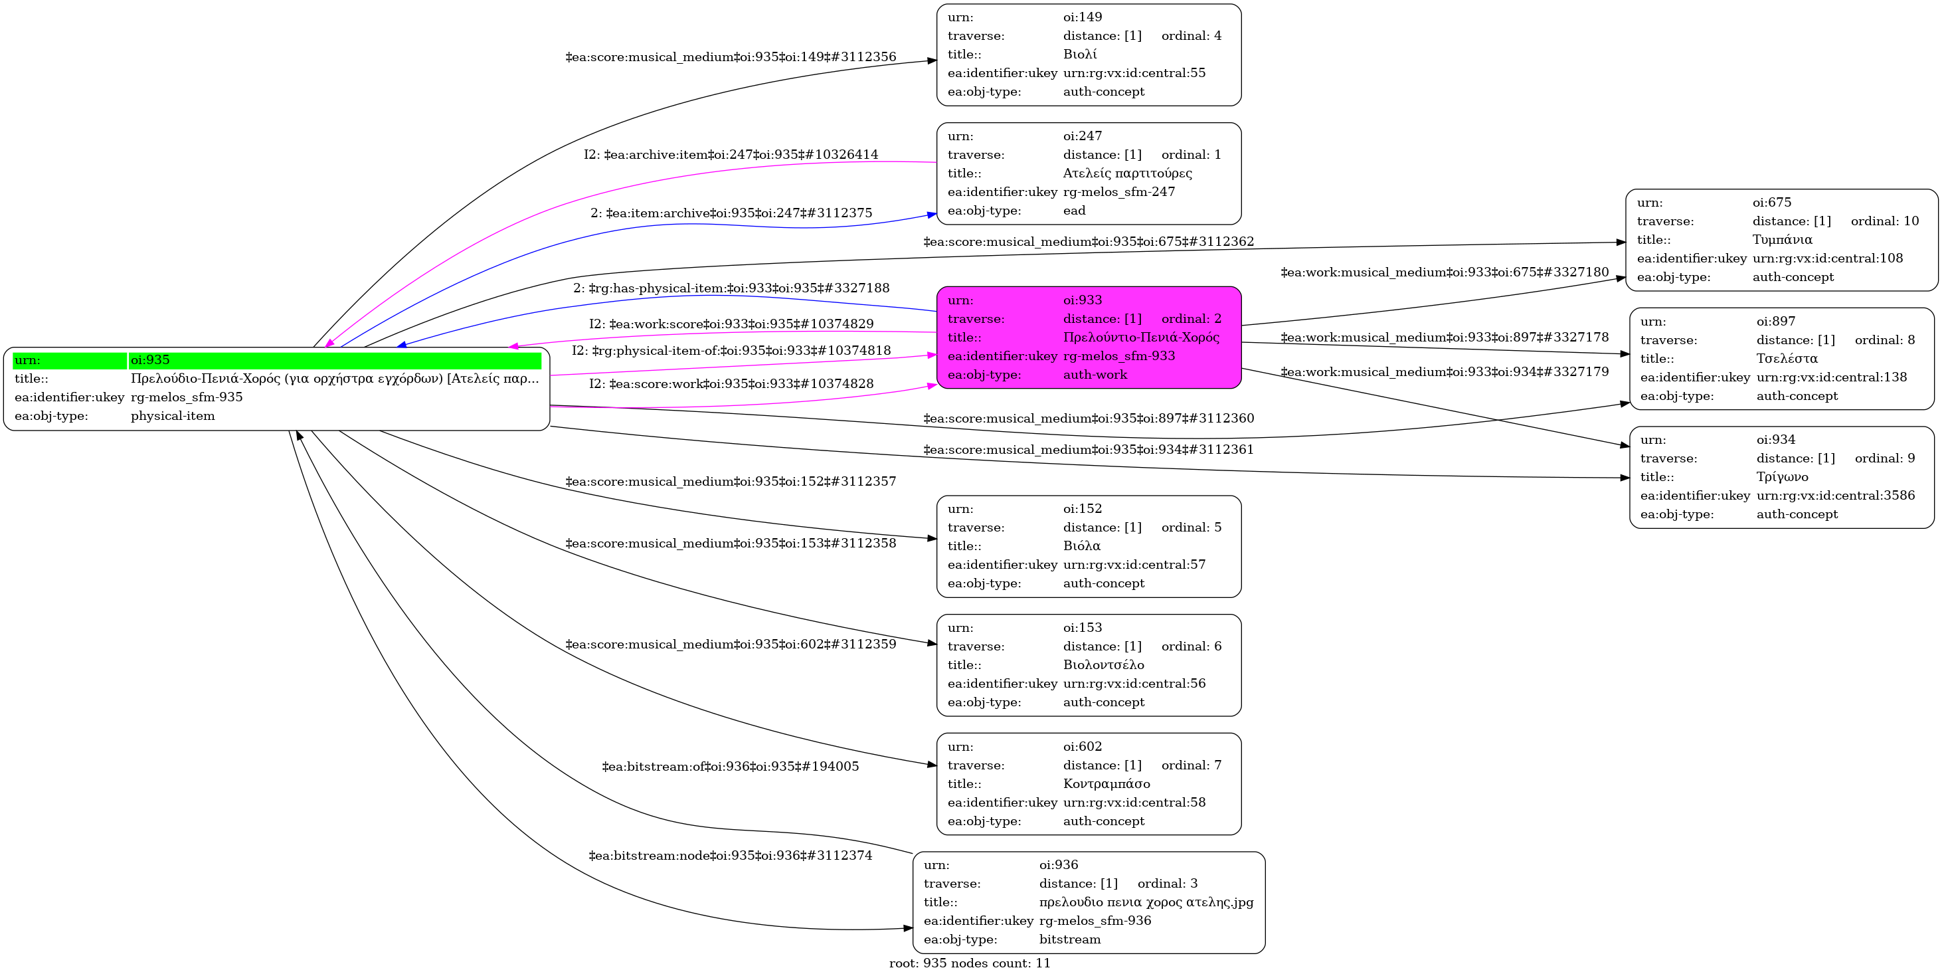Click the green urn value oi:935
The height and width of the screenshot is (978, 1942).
tap(150, 359)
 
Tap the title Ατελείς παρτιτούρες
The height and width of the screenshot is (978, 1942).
tap(1127, 173)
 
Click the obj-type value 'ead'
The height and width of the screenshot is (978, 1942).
tap(1075, 211)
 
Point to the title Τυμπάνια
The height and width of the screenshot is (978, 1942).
tap(1782, 240)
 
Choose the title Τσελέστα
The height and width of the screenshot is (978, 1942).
tap(1787, 358)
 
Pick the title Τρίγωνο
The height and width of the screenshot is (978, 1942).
tap(1782, 476)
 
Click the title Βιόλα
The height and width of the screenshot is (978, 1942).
tap(1082, 546)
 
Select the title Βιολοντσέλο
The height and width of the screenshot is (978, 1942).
tap(1103, 665)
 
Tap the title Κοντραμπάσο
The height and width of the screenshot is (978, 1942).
tap(1106, 783)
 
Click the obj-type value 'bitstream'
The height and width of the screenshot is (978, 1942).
tap(1070, 939)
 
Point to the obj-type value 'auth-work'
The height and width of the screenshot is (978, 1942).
tap(1095, 375)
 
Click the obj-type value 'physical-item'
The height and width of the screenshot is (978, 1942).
tap(173, 416)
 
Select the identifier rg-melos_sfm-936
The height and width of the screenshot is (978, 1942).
tap(1095, 921)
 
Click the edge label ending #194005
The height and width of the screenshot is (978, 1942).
tap(730, 767)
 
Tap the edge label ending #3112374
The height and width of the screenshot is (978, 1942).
tap(730, 856)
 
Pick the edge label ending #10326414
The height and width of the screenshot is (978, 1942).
tap(730, 155)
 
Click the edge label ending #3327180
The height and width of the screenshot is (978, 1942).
tap(1445, 272)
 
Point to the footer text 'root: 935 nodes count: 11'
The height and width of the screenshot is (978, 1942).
tap(970, 963)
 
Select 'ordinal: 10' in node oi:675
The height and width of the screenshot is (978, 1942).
tap(1885, 221)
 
